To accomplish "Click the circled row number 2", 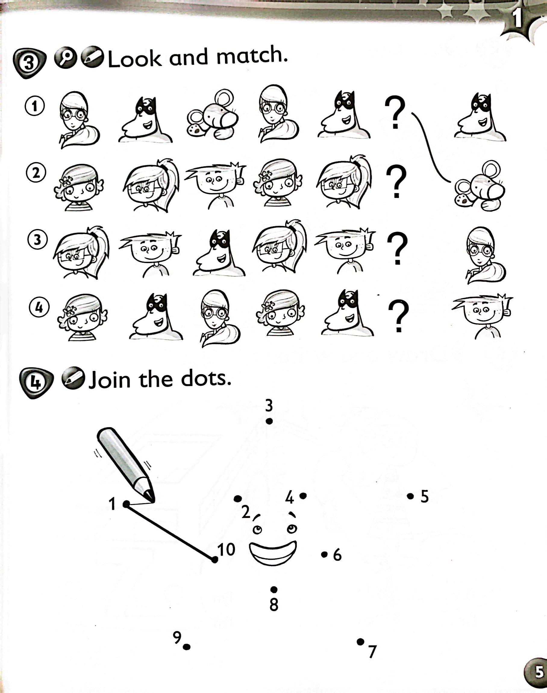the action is [x=36, y=173].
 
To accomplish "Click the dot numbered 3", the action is [x=269, y=421].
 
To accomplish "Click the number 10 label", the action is [x=227, y=550].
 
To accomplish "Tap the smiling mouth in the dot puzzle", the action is [x=273, y=553].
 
